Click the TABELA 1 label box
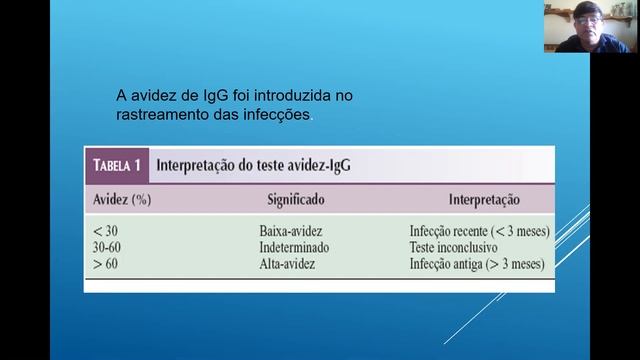121,165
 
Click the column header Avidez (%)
121,199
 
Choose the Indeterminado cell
294,246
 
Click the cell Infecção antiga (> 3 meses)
475,264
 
